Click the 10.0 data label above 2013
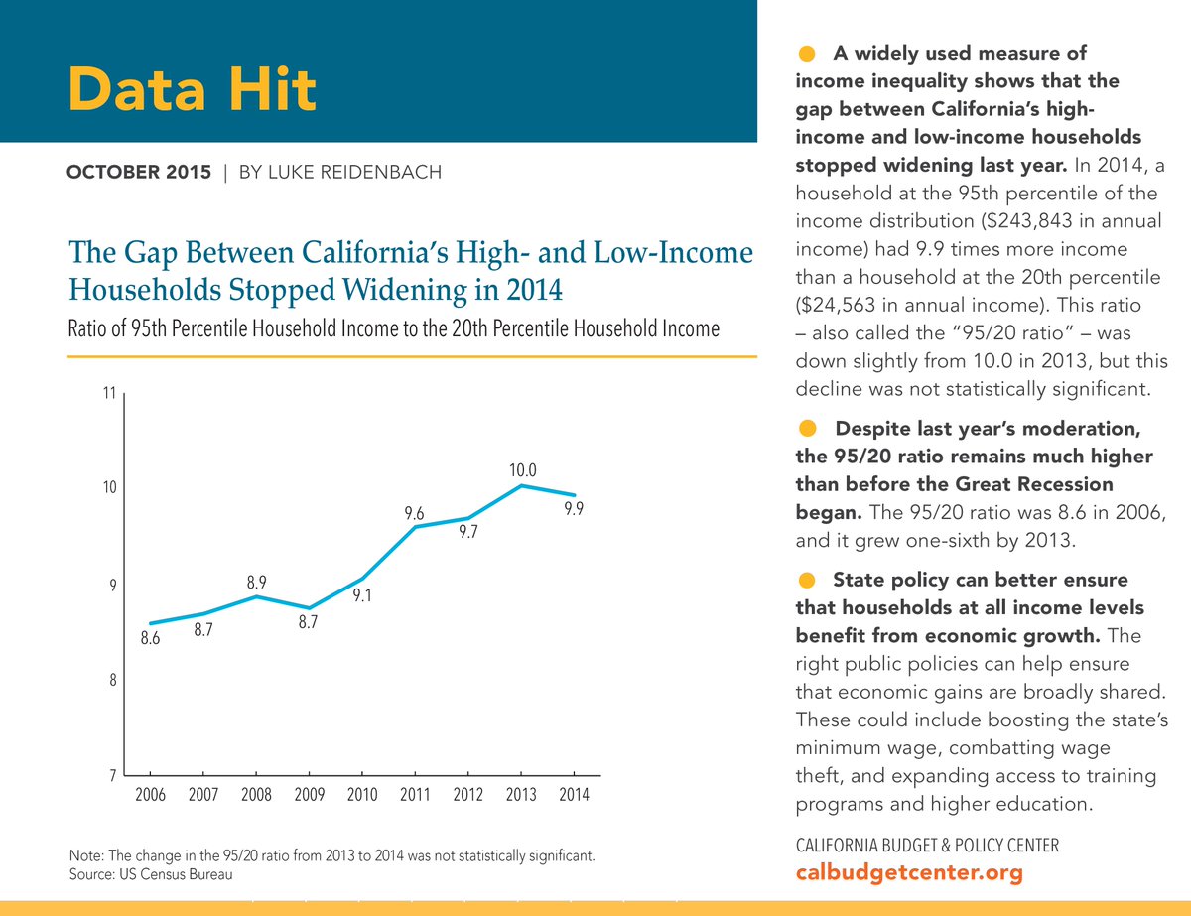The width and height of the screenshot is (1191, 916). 524,468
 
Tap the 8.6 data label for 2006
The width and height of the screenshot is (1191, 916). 151,639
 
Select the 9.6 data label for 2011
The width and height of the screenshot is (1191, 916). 415,513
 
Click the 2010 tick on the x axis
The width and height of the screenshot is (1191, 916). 361,796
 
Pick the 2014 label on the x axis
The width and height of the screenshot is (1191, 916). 574,796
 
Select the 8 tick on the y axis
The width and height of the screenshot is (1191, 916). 112,681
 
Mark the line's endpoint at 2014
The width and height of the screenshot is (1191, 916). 575,495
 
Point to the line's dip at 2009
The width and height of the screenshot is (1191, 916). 310,608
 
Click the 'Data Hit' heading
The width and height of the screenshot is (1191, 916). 192,90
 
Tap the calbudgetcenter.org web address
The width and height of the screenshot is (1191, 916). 909,873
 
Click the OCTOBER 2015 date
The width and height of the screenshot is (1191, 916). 138,173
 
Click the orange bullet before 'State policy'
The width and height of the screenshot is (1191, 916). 807,579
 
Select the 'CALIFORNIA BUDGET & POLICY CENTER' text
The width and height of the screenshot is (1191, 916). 928,846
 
